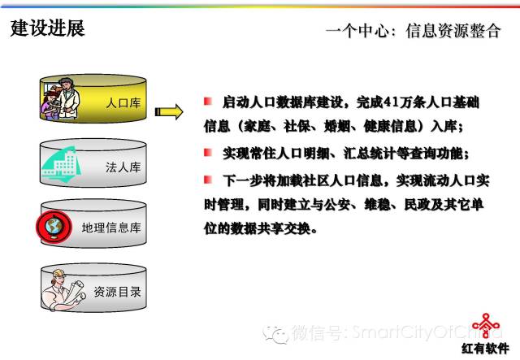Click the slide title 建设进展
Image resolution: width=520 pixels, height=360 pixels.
click(x=47, y=28)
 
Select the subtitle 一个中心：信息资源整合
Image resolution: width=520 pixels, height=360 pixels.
click(x=414, y=31)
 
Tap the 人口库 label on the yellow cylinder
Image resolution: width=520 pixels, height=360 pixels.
click(x=123, y=103)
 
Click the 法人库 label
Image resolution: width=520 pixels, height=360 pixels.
click(x=123, y=167)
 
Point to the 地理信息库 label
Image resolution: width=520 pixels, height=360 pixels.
click(x=111, y=228)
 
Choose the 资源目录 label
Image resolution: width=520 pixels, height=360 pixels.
click(x=117, y=292)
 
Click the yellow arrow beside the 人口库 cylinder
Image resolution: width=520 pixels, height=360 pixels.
click(x=169, y=112)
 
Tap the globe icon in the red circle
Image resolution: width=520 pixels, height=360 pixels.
click(x=54, y=227)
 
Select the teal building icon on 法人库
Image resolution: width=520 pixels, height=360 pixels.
click(x=62, y=165)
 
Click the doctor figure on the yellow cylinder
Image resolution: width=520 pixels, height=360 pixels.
click(x=68, y=98)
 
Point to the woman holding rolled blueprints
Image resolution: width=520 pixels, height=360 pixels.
click(x=63, y=290)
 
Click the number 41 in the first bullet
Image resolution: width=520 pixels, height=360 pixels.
click(x=391, y=102)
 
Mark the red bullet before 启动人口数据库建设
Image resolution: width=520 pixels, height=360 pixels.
click(x=208, y=102)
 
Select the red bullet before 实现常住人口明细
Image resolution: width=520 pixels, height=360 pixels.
click(x=208, y=152)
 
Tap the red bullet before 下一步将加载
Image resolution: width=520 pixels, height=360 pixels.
click(x=208, y=180)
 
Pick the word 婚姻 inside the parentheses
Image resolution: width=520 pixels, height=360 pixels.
click(x=337, y=127)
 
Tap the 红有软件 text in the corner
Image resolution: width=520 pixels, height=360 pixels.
click(x=486, y=349)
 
